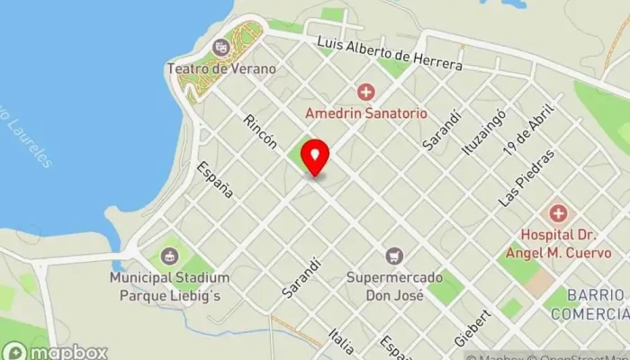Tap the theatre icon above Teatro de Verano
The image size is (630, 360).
point(220,47)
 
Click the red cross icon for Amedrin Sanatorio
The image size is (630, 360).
point(365,92)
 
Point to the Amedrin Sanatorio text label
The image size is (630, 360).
point(365,114)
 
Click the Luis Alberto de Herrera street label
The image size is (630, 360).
point(389,54)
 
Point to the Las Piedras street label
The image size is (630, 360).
point(527,179)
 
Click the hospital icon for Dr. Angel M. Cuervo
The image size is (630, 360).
point(558,213)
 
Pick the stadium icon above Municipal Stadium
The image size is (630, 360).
point(168,256)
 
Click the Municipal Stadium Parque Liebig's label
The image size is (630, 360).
point(169,286)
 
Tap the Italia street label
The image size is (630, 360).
point(341,339)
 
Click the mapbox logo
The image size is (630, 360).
point(54,351)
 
